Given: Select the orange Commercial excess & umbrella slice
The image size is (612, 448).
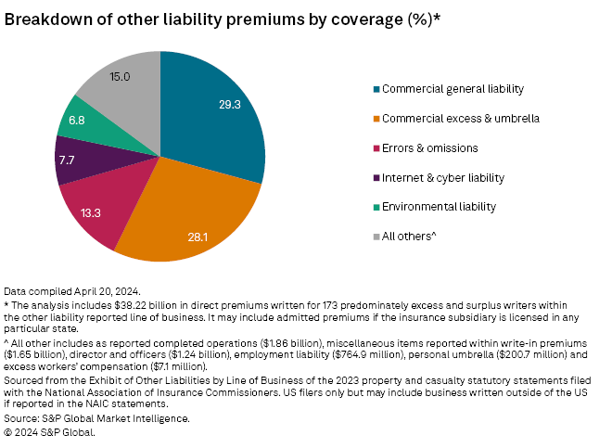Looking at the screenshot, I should coord(199,218).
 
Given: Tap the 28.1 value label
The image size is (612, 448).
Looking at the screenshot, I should coord(198,237).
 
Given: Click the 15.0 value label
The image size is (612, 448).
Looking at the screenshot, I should coord(119,77).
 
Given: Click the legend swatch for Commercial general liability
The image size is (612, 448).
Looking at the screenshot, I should coord(375,89).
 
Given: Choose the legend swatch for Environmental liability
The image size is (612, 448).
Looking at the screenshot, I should coord(375,207).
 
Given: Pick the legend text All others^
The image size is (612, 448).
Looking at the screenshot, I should coord(410,236).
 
